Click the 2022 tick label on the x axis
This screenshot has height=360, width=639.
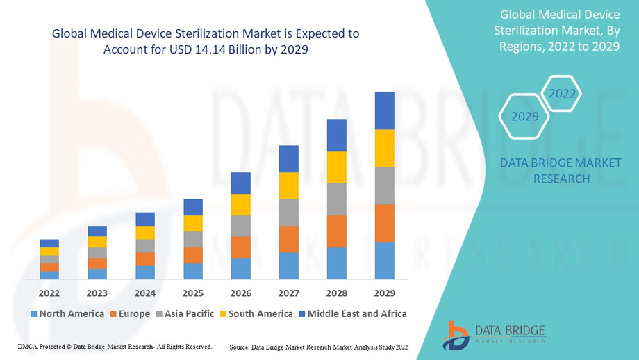pos(49,293)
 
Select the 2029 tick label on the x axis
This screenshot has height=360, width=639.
pos(384,293)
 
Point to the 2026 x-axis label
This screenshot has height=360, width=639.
pos(241,293)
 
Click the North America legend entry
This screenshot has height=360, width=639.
pos(67,313)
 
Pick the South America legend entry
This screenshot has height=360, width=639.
pos(257,313)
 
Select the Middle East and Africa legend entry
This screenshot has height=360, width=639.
pos(353,313)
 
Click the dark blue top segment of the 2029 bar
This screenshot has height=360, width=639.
pos(384,111)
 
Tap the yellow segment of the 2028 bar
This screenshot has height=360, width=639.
pos(336,167)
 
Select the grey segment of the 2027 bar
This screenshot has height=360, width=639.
pos(289,213)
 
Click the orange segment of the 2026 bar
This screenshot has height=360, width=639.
pos(241,247)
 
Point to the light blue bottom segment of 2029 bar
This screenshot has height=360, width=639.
pos(384,261)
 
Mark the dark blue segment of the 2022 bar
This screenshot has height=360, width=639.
pos(49,243)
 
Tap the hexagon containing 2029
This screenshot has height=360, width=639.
pos(525,116)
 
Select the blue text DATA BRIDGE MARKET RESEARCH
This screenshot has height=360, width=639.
pos(561,171)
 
